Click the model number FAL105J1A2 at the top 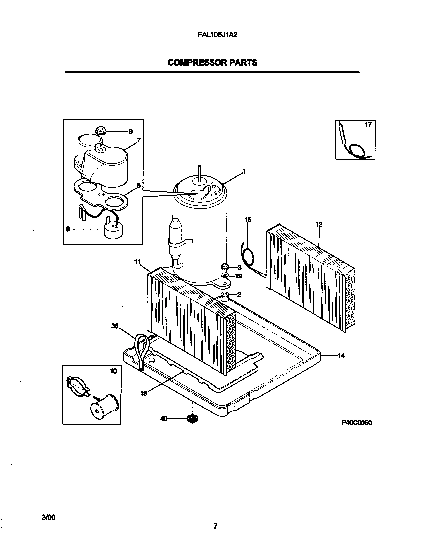(212, 36)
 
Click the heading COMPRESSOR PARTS (212, 63)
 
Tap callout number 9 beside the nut (131, 131)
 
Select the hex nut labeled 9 (100, 130)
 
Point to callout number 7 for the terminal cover (138, 141)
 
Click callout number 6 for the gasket (138, 185)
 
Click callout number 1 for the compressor (244, 172)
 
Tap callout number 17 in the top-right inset (368, 125)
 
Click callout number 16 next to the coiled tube (248, 219)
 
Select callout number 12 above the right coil (319, 225)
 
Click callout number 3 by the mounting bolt (239, 268)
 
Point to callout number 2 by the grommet (239, 294)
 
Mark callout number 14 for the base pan (341, 356)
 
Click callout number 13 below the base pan (143, 393)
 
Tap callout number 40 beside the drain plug (163, 419)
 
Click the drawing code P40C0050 (357, 423)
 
